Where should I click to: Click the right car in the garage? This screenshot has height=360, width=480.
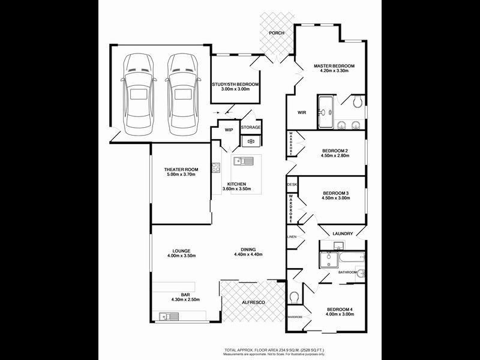(182, 94)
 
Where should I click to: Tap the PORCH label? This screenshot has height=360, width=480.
(277, 33)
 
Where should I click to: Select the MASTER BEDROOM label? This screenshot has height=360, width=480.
(334, 65)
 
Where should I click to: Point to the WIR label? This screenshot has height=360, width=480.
(302, 112)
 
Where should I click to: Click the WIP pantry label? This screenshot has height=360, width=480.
(229, 130)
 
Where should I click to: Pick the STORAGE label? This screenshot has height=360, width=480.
(251, 127)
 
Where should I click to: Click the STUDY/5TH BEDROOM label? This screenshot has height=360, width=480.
(235, 85)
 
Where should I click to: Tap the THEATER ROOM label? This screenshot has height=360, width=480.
(181, 170)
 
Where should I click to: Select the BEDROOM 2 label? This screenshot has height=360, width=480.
(335, 150)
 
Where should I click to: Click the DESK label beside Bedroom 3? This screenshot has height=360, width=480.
(293, 185)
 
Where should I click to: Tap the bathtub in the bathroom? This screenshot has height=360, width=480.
(345, 259)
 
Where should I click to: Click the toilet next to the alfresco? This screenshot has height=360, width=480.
(294, 297)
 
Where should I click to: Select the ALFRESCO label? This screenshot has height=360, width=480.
(253, 302)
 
